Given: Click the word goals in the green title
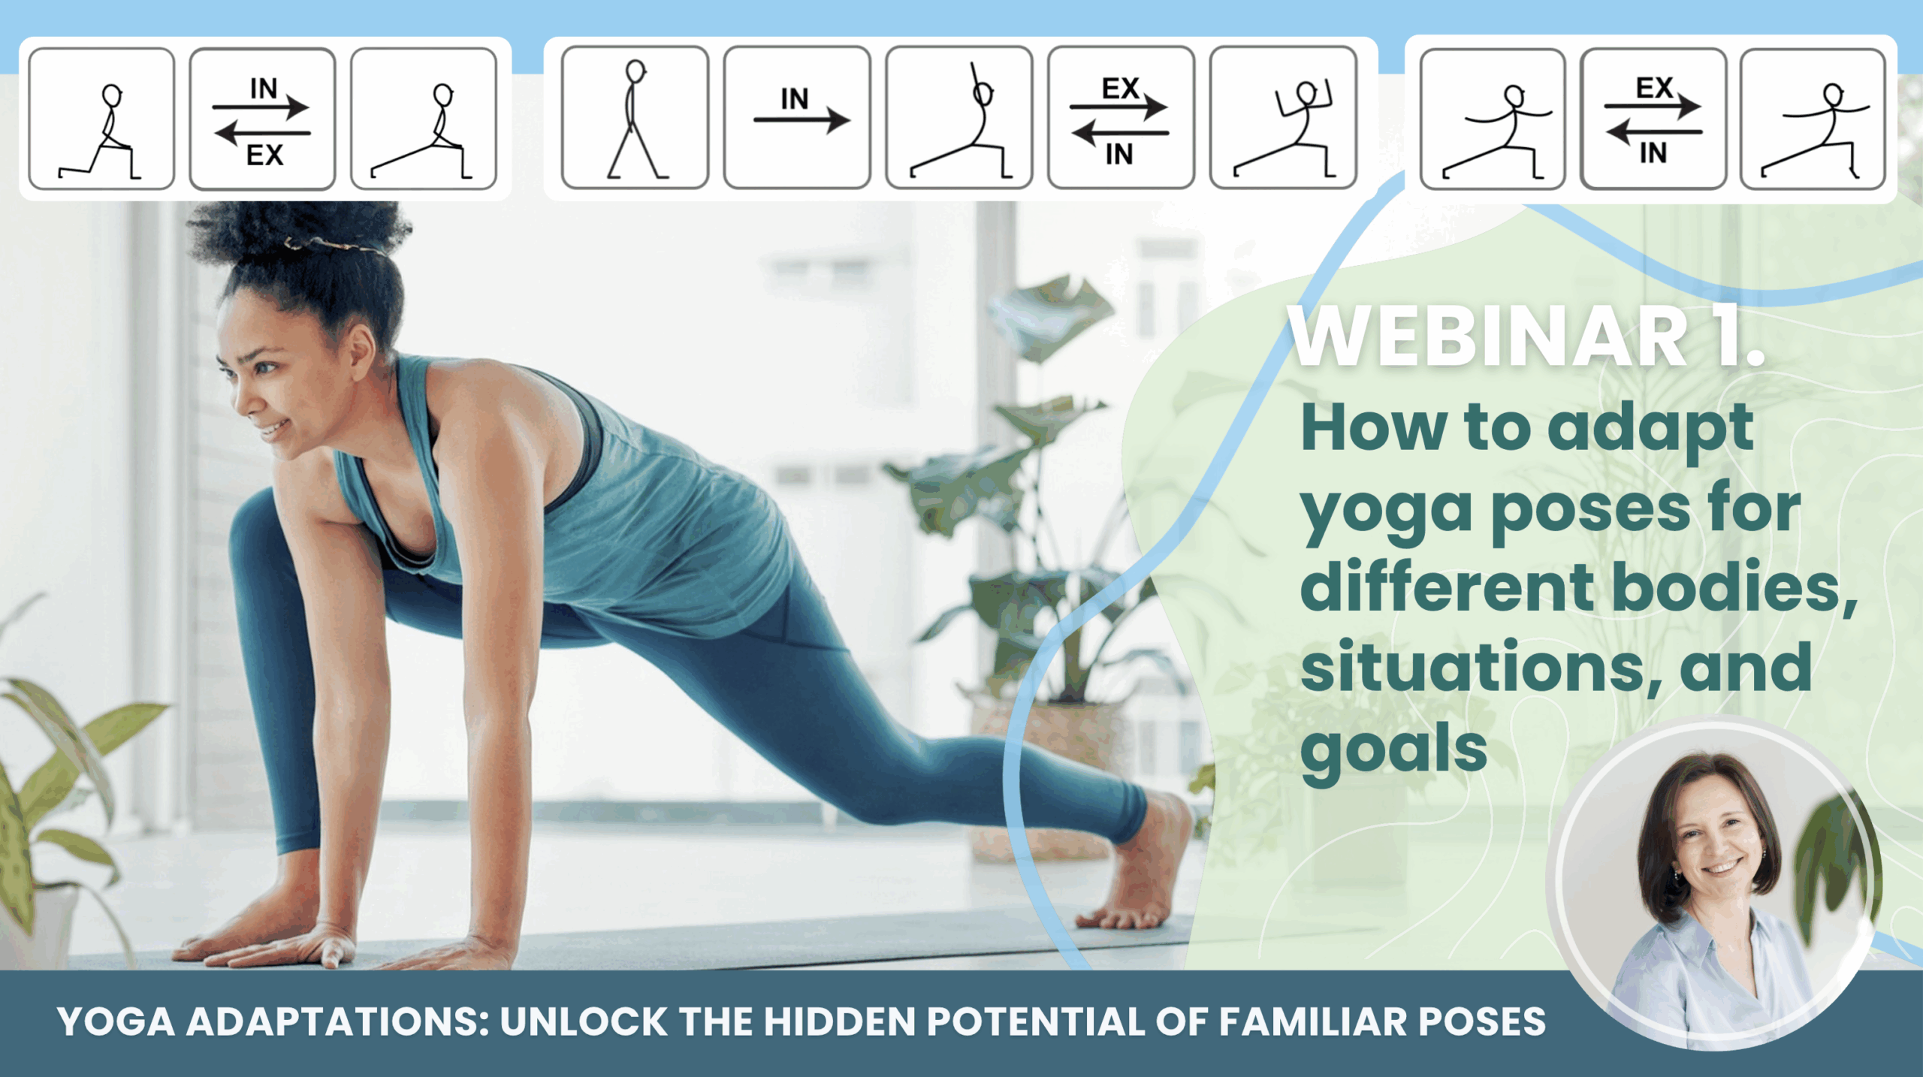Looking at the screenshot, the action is click(x=1393, y=751).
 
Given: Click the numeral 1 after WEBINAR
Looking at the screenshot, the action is click(x=1726, y=336).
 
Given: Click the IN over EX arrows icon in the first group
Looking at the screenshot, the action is click(x=262, y=120).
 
